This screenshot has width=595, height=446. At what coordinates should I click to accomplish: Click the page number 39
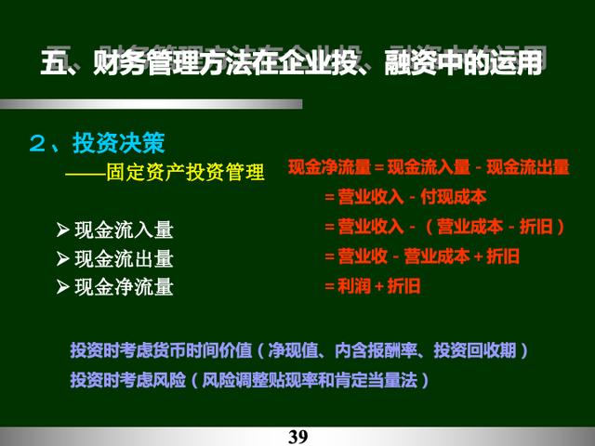[x=297, y=437]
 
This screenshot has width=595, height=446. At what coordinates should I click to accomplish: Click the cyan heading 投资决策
[x=119, y=143]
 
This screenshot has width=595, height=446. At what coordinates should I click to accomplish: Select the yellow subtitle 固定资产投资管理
[x=185, y=173]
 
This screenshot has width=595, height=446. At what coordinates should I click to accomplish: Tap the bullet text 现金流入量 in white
[x=124, y=230]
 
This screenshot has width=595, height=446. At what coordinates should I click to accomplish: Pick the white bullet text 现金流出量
[x=124, y=258]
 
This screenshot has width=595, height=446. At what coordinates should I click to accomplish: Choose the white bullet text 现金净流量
[x=124, y=287]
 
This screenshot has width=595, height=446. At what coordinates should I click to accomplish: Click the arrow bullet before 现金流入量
[x=62, y=230]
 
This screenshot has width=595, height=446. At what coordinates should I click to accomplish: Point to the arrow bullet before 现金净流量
[x=62, y=287]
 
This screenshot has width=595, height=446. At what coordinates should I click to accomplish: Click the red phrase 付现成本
[x=454, y=197]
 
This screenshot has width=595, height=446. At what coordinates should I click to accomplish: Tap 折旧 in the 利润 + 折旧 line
[x=403, y=286]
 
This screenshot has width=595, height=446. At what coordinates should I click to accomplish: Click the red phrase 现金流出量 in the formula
[x=528, y=167]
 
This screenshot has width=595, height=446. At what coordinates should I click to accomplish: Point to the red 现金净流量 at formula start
[x=329, y=167]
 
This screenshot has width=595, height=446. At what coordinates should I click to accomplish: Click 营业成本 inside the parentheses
[x=470, y=227]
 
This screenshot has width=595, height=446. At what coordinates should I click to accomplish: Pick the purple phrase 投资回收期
[x=475, y=350]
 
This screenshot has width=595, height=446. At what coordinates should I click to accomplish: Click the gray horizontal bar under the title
[x=151, y=104]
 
